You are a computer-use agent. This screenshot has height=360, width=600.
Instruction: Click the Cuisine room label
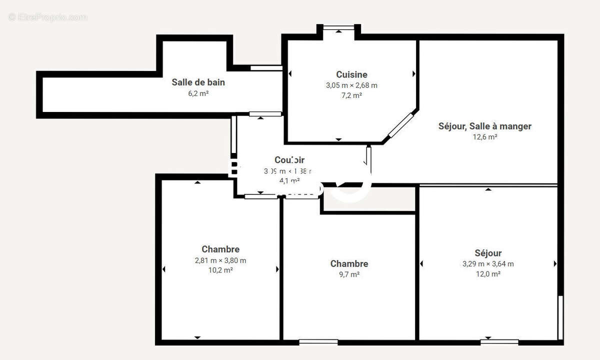351,74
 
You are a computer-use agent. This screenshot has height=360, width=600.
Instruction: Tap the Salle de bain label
198,82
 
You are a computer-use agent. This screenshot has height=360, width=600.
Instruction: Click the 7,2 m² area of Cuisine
351,95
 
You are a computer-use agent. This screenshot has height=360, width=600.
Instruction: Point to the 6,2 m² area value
198,93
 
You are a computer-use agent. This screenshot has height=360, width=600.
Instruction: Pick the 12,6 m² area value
484,137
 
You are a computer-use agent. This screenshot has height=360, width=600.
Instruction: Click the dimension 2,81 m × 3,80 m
220,260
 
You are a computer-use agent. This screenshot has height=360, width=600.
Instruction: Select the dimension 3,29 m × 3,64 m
488,264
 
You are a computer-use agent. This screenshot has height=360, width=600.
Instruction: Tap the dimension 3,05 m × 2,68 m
351,85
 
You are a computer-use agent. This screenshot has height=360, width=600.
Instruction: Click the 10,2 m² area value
220,270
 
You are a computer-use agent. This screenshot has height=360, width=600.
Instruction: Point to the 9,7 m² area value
349,274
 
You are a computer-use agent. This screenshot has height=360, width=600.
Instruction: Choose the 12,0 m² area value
488,274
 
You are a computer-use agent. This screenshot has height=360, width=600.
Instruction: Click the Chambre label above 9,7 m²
349,264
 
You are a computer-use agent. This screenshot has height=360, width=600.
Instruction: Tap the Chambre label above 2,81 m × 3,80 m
220,249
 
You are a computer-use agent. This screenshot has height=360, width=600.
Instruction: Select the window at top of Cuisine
338,27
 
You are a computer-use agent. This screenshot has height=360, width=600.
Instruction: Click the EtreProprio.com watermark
47,17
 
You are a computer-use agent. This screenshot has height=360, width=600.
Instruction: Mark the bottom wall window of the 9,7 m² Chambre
318,342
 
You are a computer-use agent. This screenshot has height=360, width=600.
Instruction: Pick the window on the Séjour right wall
560,317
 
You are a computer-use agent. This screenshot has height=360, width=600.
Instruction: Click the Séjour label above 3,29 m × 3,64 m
488,253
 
